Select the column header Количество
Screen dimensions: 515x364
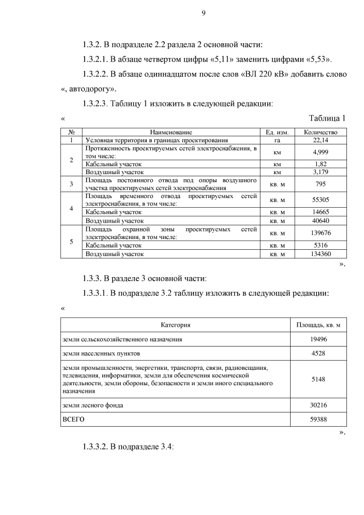click(321, 132)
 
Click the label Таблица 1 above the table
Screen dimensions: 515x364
click(326, 118)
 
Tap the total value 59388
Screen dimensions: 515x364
click(318, 420)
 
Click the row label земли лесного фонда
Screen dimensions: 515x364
click(93, 405)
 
